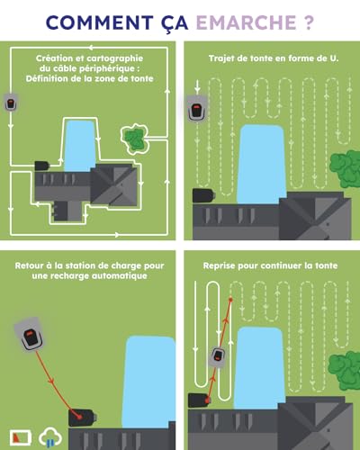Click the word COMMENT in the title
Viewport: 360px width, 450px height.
(100, 22)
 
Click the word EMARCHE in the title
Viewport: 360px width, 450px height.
(246, 22)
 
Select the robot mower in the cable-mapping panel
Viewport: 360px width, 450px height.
(11, 103)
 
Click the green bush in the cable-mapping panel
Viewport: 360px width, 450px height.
(135, 139)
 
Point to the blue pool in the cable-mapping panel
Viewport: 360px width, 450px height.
(80, 146)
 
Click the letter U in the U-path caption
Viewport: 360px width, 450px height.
(332, 58)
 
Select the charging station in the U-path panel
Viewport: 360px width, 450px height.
(204, 195)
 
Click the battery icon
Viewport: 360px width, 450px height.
(21, 437)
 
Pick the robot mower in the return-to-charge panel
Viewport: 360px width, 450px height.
(30, 335)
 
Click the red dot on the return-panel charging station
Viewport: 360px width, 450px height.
(80, 417)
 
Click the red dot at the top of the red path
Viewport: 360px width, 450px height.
(230, 300)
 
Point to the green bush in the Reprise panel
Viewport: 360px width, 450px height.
(345, 371)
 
